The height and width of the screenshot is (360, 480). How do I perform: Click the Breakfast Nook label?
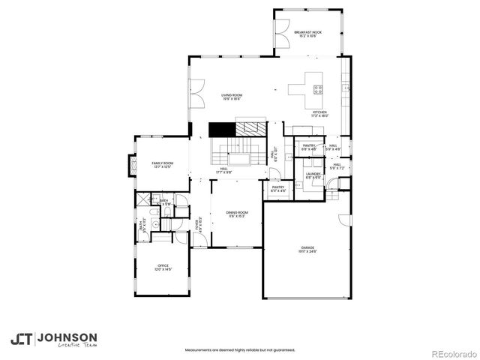[x=307, y=34]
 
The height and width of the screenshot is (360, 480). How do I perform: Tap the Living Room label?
[x=231, y=97]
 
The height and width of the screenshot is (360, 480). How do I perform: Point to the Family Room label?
[x=163, y=164]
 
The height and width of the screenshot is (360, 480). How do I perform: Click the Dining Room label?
[x=237, y=214]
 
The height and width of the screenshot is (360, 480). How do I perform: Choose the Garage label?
[x=307, y=249]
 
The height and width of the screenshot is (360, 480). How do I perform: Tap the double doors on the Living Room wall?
[x=193, y=91]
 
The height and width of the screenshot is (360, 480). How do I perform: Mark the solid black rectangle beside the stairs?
[x=222, y=128]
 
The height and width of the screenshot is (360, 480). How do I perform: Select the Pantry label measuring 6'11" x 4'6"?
[x=278, y=190]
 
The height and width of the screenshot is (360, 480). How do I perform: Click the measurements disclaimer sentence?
[x=240, y=349]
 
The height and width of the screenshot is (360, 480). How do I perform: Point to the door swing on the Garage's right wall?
[x=345, y=220]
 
